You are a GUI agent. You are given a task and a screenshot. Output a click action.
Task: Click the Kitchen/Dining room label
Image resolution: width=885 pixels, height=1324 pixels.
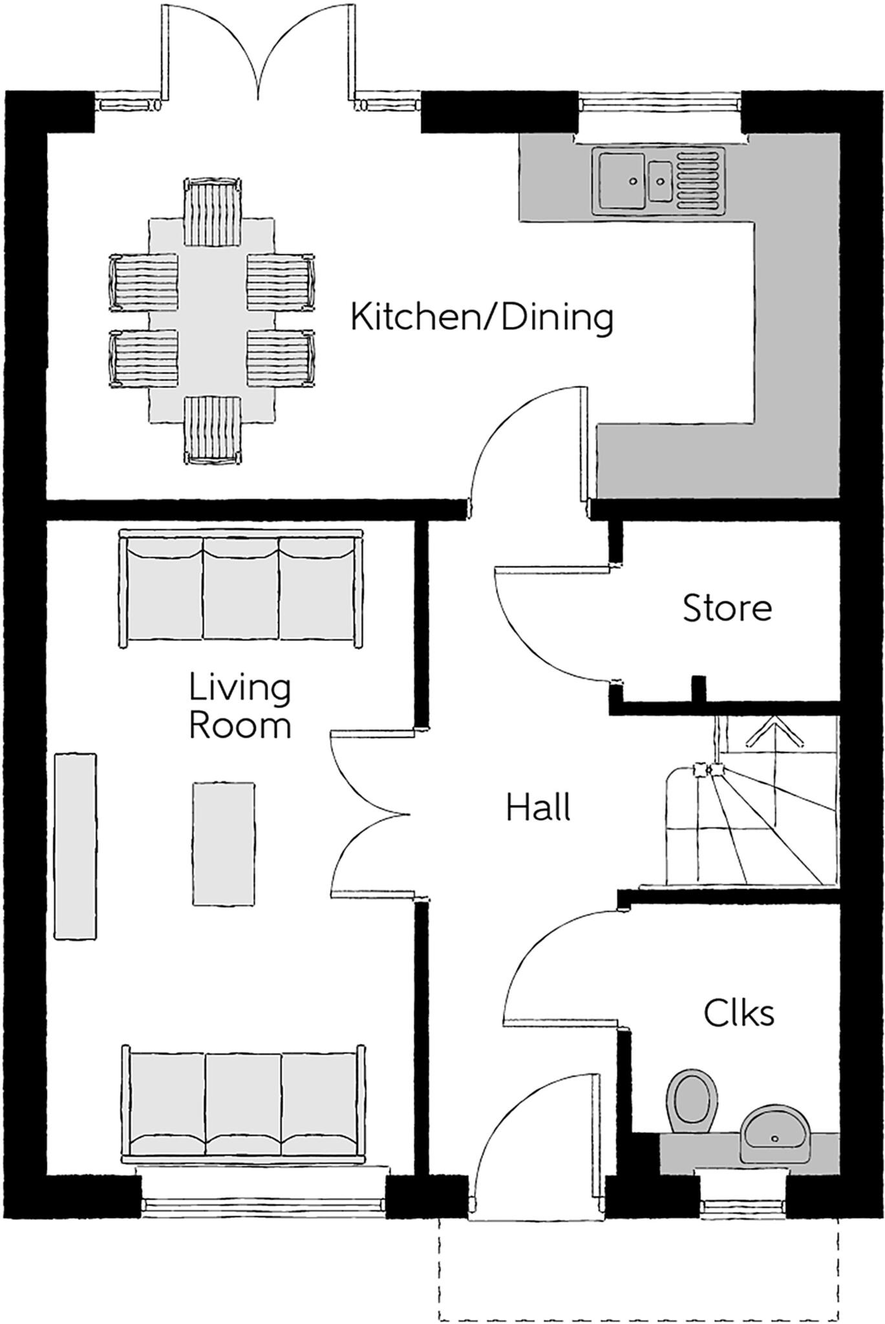click(x=482, y=318)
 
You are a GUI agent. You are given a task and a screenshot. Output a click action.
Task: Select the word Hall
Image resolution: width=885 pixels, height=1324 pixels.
click(x=538, y=808)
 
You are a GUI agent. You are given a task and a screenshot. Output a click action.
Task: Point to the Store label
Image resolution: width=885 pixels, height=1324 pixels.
click(x=727, y=608)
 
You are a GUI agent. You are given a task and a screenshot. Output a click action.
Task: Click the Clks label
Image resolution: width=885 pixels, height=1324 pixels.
click(x=739, y=1013)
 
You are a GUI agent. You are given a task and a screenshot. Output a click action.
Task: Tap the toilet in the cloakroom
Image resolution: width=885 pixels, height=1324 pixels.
click(x=692, y=1098)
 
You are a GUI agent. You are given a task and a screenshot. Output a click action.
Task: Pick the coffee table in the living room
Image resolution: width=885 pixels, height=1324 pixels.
click(x=223, y=844)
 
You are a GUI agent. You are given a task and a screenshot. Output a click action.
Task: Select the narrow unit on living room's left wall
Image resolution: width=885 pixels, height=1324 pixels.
click(x=76, y=845)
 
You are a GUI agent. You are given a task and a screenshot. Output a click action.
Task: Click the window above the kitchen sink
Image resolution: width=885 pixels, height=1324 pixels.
click(x=659, y=103)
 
